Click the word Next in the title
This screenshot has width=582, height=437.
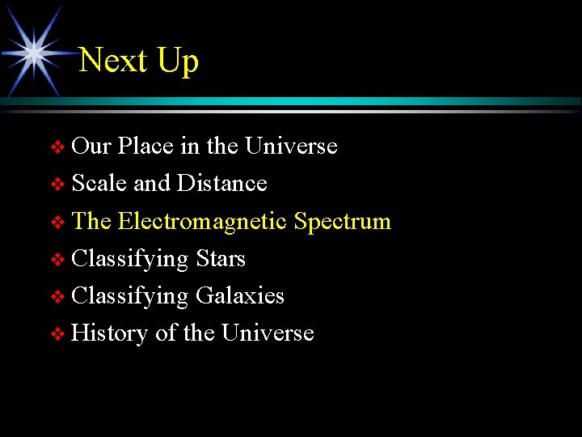click(114, 61)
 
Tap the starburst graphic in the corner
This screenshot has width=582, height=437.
click(34, 53)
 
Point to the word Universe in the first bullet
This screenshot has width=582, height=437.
click(290, 146)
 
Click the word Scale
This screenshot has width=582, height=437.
click(99, 184)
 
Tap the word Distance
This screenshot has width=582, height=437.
click(221, 184)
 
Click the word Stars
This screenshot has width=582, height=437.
click(220, 259)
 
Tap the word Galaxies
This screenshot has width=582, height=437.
click(239, 296)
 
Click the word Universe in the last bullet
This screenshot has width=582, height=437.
click(268, 333)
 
